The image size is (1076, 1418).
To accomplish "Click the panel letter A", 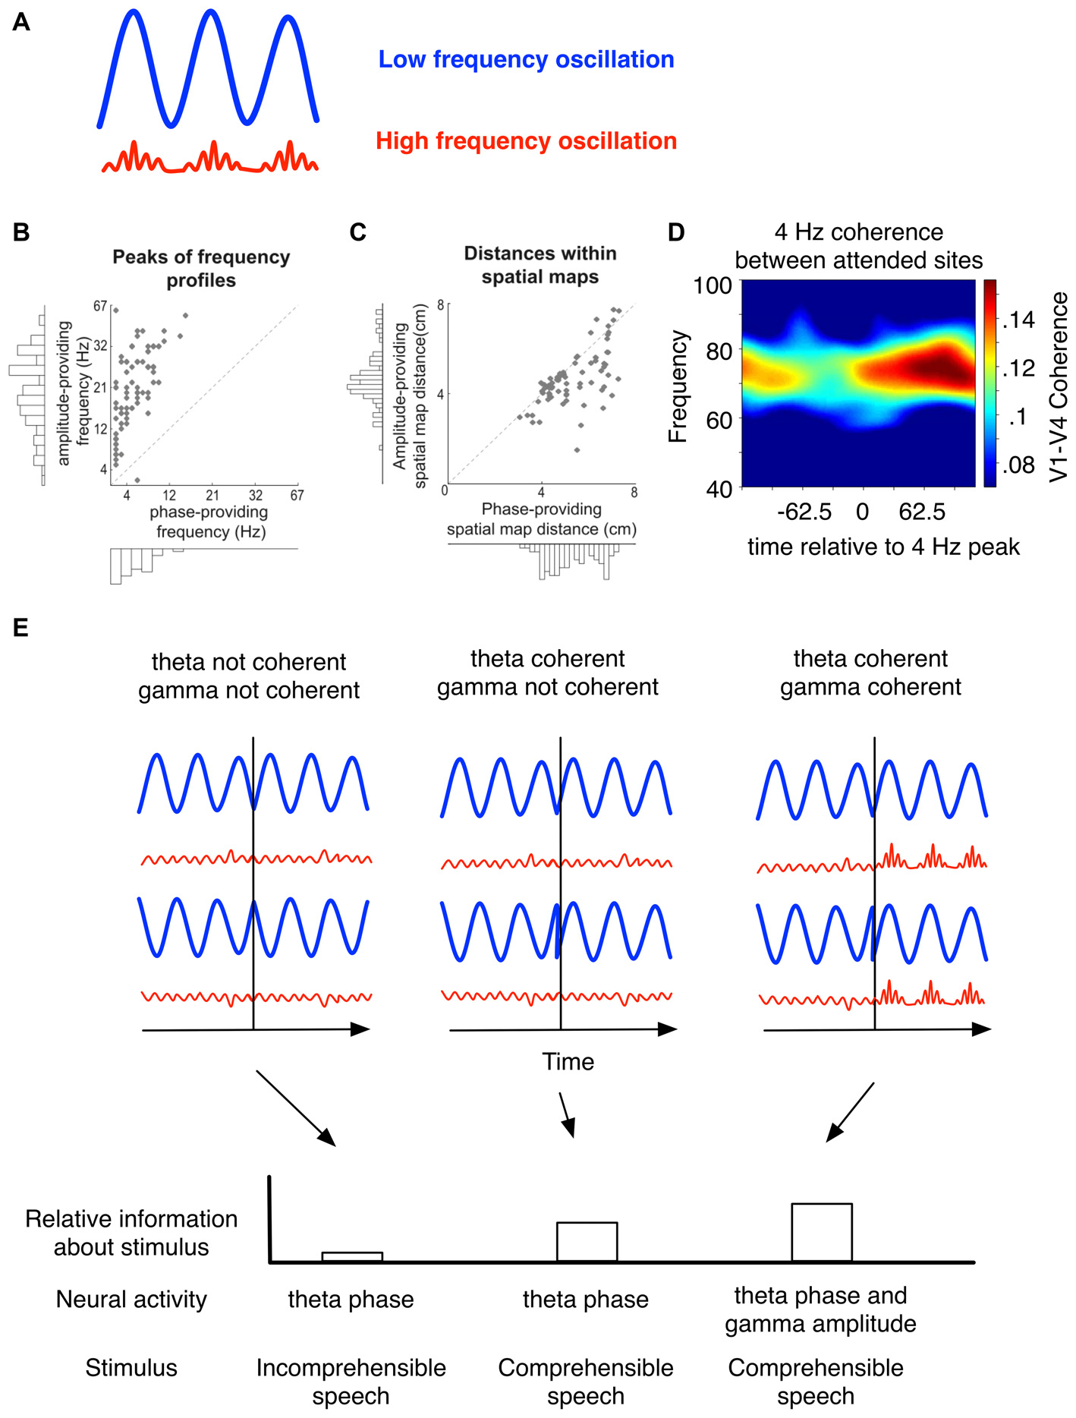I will (x=21, y=22).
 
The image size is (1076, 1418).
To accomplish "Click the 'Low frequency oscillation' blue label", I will (x=526, y=59).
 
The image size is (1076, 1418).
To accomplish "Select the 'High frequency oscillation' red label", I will (x=526, y=141).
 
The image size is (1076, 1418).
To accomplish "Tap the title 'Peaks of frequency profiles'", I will (x=201, y=269).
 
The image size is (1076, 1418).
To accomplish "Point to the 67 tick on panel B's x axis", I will (x=297, y=495).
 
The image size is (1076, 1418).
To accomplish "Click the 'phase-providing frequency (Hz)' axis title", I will (x=210, y=522).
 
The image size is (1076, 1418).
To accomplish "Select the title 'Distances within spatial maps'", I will (x=540, y=265).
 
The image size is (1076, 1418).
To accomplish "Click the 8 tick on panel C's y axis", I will (x=440, y=304).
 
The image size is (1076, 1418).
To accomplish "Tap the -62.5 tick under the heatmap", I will (x=804, y=512).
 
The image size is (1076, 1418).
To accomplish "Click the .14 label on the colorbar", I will (x=1019, y=320).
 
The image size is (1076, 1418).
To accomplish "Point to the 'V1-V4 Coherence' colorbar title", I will (x=1059, y=386).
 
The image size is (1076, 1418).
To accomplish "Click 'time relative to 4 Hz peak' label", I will (x=883, y=547).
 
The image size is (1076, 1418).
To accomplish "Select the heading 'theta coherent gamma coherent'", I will (x=870, y=673).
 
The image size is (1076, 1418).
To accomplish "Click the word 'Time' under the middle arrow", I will (x=568, y=1061).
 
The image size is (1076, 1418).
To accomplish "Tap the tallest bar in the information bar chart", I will (x=821, y=1232).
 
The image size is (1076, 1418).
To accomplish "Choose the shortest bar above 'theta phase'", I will (x=351, y=1257).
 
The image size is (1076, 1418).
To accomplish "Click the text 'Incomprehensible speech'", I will (x=351, y=1382).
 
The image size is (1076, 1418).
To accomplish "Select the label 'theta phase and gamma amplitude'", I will (x=820, y=1309).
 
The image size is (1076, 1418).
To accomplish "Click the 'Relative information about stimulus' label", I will (x=131, y=1233).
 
